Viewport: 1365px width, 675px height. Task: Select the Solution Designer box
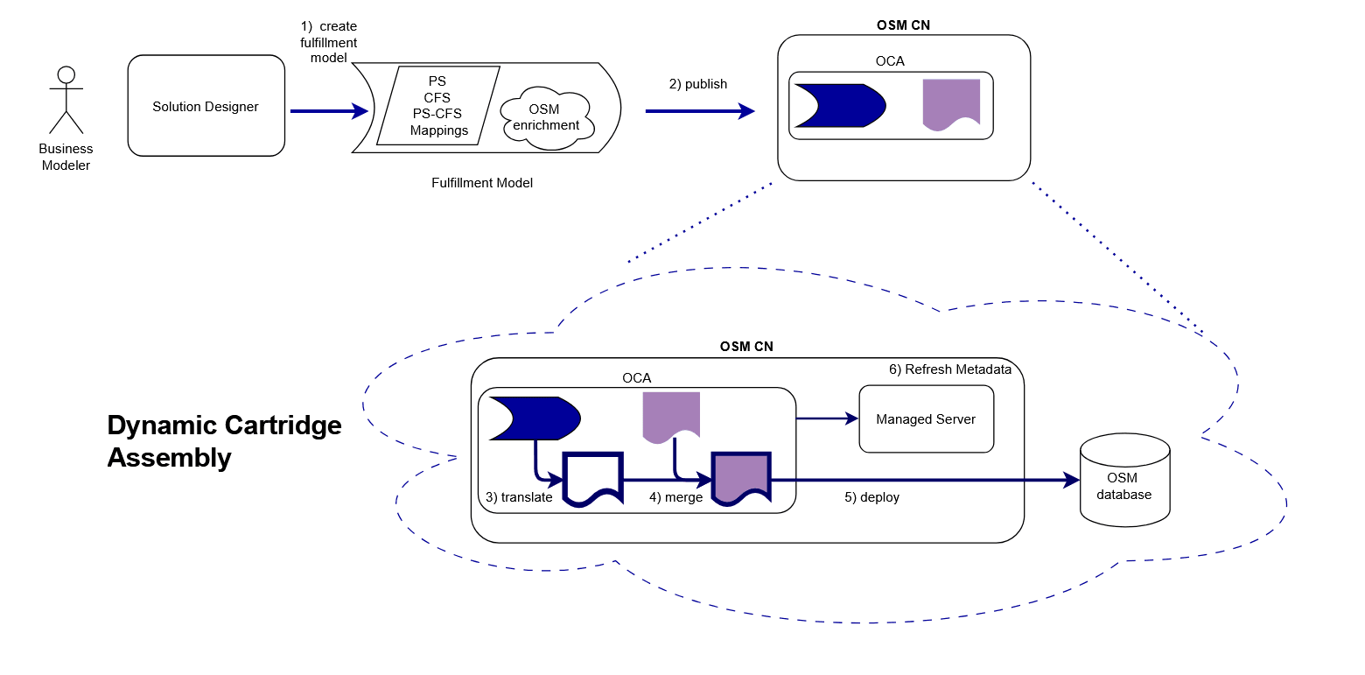click(x=206, y=107)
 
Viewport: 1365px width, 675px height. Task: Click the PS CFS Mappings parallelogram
click(x=437, y=106)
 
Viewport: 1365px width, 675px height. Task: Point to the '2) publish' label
click(x=697, y=84)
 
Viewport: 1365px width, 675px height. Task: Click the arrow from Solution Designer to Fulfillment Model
click(x=328, y=111)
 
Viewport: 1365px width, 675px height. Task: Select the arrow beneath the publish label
click(x=699, y=111)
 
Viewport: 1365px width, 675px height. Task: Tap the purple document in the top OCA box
click(x=951, y=103)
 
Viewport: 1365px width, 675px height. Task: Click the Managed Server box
click(x=926, y=418)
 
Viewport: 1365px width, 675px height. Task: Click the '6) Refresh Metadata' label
click(x=949, y=369)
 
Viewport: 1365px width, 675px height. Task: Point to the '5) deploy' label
click(x=871, y=497)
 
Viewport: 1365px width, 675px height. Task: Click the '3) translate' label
click(x=519, y=496)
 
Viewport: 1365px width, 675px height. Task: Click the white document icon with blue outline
click(x=593, y=478)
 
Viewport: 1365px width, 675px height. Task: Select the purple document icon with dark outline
click(x=740, y=478)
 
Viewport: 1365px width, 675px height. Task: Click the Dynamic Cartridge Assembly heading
click(x=224, y=441)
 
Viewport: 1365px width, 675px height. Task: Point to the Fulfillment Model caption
click(x=482, y=183)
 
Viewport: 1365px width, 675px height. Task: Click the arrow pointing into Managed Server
click(x=827, y=418)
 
